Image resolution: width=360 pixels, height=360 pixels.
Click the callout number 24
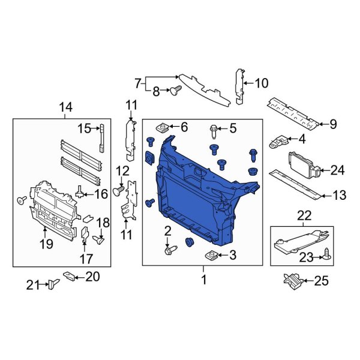point(338,170)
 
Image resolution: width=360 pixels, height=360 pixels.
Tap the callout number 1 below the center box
point(203,280)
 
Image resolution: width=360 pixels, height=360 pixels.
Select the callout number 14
point(65,107)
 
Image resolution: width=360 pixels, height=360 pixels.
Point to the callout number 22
point(305,215)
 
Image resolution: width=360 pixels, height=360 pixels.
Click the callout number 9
point(333,124)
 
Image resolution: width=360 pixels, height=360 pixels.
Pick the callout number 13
point(340,194)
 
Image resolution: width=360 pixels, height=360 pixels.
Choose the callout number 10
point(263,83)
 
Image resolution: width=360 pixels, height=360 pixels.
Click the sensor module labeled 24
point(302,163)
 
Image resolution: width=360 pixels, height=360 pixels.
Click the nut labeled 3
point(211,256)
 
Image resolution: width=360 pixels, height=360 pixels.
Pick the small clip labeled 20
point(70,277)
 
